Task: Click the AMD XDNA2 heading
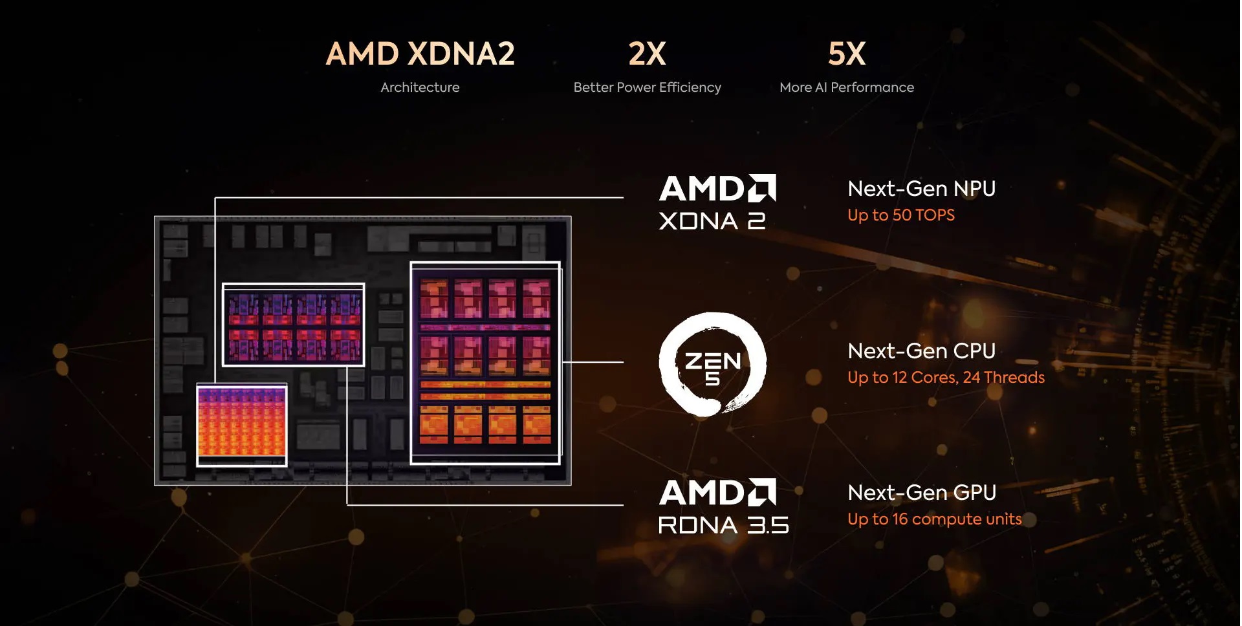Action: (x=420, y=54)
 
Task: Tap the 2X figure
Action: (x=647, y=54)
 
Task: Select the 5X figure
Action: (x=847, y=54)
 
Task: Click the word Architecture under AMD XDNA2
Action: (x=420, y=87)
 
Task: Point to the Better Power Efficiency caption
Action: (x=647, y=87)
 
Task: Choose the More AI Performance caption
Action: (x=847, y=87)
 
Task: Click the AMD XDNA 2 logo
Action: (x=717, y=202)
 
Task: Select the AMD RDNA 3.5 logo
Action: (x=723, y=506)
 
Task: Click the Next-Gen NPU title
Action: (x=922, y=189)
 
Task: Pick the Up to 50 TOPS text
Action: (x=901, y=215)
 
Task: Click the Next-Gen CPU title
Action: (x=922, y=351)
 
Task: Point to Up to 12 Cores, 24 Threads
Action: (x=946, y=378)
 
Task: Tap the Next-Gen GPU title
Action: (x=922, y=493)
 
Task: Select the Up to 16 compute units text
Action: (x=935, y=519)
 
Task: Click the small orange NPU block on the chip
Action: (x=242, y=424)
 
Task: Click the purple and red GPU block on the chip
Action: (x=293, y=325)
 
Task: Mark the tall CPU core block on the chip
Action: (x=485, y=363)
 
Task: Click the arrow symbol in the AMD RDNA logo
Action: (x=762, y=492)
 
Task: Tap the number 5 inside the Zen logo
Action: (x=712, y=378)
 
